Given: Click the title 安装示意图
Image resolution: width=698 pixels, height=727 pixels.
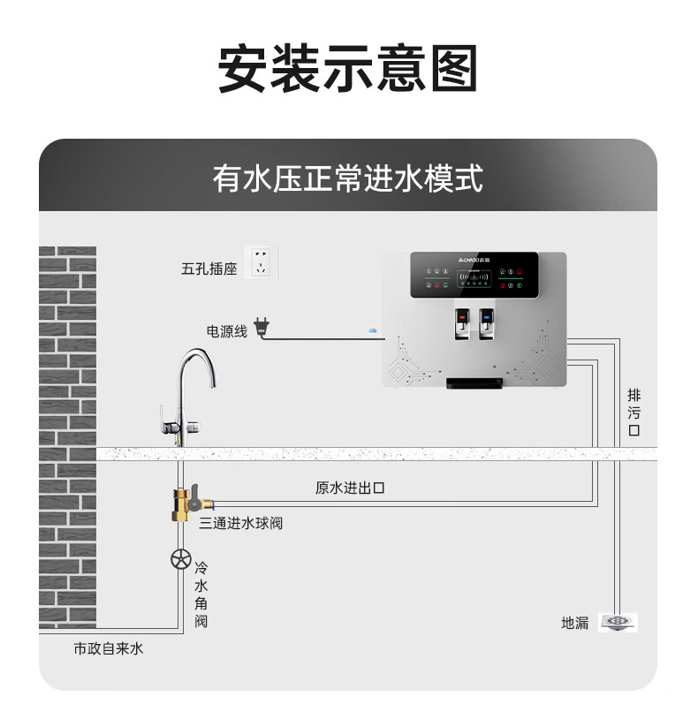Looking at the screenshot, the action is point(348,69).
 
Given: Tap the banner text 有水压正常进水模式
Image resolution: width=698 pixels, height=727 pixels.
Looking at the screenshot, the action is point(348,179).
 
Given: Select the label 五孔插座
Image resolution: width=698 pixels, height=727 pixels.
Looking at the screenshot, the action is point(209,269).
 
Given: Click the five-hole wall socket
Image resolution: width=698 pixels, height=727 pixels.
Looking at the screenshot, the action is point(261,261).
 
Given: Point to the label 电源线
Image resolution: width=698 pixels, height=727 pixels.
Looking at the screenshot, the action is point(227,331).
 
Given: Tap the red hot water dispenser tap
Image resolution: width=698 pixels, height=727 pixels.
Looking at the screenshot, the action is point(461,322).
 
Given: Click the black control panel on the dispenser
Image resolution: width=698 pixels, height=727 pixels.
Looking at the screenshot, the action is point(488,275).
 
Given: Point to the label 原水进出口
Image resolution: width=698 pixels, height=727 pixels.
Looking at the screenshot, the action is point(350,488).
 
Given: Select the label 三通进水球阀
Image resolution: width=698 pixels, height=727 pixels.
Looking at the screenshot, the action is point(241,524).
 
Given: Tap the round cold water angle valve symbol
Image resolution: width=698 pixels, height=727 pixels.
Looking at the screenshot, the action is point(181,559).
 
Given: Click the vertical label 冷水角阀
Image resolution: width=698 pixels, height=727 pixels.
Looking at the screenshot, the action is point(201,594).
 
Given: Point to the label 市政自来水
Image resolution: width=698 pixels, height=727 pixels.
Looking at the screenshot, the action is point(108,649).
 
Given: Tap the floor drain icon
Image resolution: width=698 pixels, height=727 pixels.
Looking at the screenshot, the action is point(618,622).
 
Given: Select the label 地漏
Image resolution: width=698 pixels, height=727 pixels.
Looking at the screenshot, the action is point(574,623).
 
